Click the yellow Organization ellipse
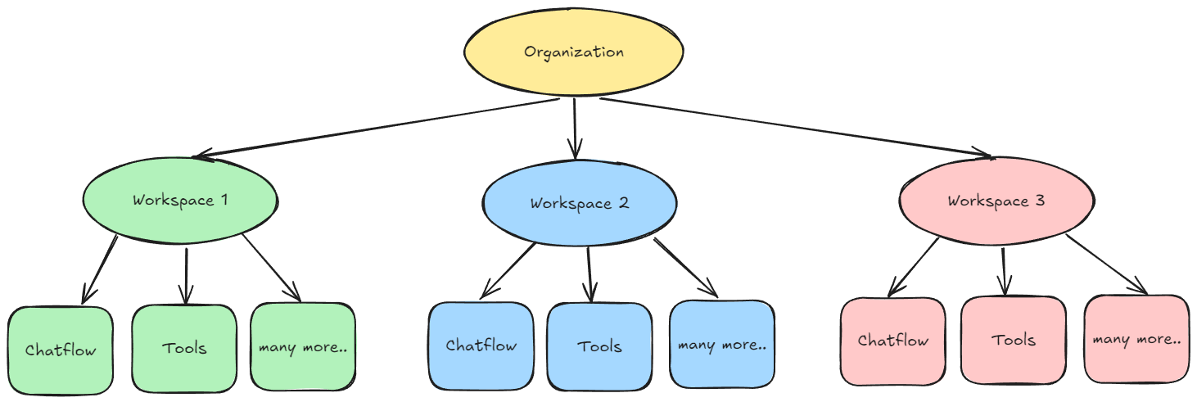[x=573, y=52]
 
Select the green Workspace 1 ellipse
[x=180, y=200]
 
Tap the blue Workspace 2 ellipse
[x=579, y=204]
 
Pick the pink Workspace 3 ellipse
[x=996, y=201]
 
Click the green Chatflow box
[x=61, y=350]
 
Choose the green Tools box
[x=184, y=348]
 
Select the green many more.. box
[x=303, y=347]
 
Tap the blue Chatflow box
[x=481, y=346]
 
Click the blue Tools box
[x=599, y=346]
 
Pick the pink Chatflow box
[x=893, y=341]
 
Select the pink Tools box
[x=1014, y=340]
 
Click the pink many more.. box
[x=1136, y=339]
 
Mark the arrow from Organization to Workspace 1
[x=377, y=127]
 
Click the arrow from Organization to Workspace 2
[x=575, y=127]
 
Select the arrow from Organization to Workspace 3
[x=794, y=127]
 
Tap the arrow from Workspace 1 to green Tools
[x=187, y=275]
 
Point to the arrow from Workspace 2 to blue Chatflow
[x=509, y=270]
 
